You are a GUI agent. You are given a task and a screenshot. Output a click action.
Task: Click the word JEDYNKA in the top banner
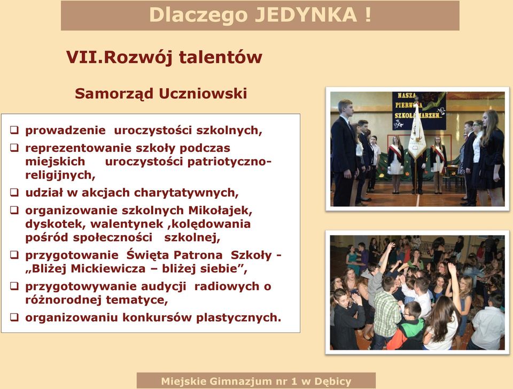pos(306,15)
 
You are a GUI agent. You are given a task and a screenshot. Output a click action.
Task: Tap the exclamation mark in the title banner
pos(368,15)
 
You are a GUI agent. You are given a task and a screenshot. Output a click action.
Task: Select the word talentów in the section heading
pos(221,57)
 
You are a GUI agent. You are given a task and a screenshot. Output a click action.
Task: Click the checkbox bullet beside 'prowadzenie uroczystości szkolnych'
pos(14,130)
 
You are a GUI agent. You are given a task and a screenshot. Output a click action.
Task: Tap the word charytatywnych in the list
pos(186,193)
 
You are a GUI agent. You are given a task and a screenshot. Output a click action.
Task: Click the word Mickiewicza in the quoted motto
pos(108,269)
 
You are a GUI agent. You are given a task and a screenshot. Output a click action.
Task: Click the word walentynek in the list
pos(127,224)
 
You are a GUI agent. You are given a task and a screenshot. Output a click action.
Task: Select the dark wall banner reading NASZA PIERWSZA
pos(419,111)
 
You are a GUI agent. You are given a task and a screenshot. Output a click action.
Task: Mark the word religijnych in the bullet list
pos(60,175)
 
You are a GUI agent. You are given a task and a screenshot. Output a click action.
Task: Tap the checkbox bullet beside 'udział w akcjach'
pos(14,192)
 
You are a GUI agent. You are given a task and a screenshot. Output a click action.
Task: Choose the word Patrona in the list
pos(198,255)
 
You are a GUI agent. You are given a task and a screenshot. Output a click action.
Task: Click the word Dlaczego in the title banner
pos(198,15)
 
